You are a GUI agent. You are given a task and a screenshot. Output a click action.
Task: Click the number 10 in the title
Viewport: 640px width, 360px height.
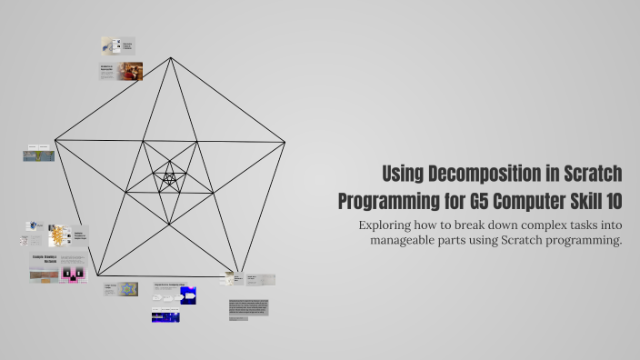[x=609, y=198]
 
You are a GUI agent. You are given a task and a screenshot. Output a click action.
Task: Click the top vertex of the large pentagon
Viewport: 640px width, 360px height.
[x=171, y=57]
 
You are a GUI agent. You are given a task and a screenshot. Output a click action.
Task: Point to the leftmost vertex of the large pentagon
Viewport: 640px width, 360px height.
[x=55, y=140]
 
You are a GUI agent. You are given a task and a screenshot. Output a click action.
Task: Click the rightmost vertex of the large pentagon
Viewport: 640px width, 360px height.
[x=285, y=141]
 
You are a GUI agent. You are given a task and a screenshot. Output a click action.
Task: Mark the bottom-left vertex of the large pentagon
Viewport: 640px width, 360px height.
[x=98, y=275]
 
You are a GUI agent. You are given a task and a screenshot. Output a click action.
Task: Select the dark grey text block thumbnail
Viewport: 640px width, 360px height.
[x=248, y=307]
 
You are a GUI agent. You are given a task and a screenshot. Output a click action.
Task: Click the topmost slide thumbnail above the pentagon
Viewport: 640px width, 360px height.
[x=117, y=45]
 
